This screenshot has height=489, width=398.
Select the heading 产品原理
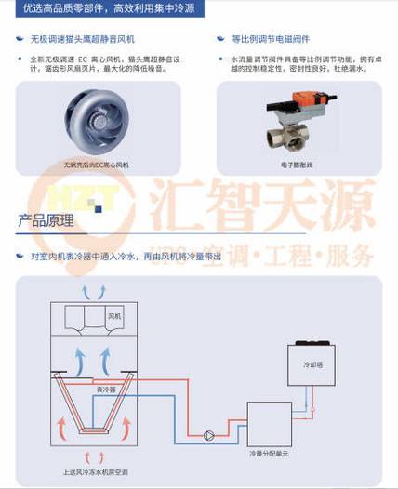tap(46, 220)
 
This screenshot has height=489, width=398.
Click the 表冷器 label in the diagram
tap(107, 390)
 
